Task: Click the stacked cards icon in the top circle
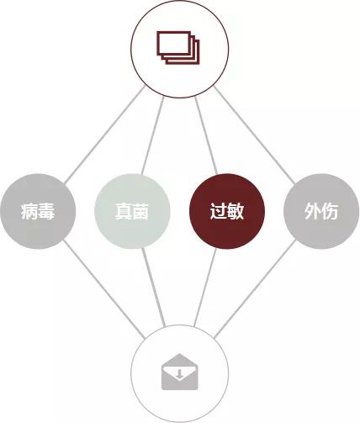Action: coord(178,48)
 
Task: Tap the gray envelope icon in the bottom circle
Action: coord(180,372)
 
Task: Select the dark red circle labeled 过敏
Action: coord(227,211)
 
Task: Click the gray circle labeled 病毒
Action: coord(38,211)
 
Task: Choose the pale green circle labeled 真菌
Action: coord(132,211)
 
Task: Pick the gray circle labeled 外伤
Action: coord(321,211)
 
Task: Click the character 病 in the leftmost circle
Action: coord(29,211)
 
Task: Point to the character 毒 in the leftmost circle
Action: coord(46,211)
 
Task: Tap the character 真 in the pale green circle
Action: coord(124,211)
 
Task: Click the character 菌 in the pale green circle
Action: coord(140,211)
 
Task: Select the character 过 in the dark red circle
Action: coord(219,211)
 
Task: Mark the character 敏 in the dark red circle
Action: coord(236,211)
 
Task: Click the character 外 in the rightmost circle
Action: coord(313,211)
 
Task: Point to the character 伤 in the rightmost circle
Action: coord(330,211)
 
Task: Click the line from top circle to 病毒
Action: coord(105,135)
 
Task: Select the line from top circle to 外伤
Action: coord(254,135)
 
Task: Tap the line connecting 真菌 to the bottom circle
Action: coord(153,288)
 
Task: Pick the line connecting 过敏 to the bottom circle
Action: coord(205,288)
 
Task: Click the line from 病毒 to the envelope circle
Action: coord(104,288)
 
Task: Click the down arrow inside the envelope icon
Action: coord(180,373)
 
